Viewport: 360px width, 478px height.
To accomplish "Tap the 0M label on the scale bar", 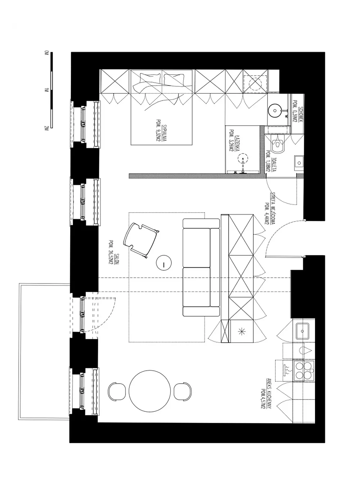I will (x=46, y=53).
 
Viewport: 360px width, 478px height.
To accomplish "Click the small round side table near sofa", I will (x=164, y=263).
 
